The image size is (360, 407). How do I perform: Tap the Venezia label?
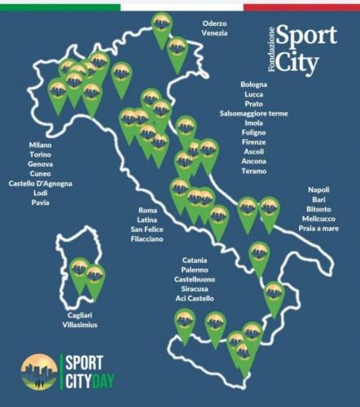215,34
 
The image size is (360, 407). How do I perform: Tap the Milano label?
40,145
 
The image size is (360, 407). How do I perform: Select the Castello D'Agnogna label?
40,184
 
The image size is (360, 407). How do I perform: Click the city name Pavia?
40,203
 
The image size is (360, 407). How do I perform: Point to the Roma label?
147,210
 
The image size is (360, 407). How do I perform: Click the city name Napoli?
318,190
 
